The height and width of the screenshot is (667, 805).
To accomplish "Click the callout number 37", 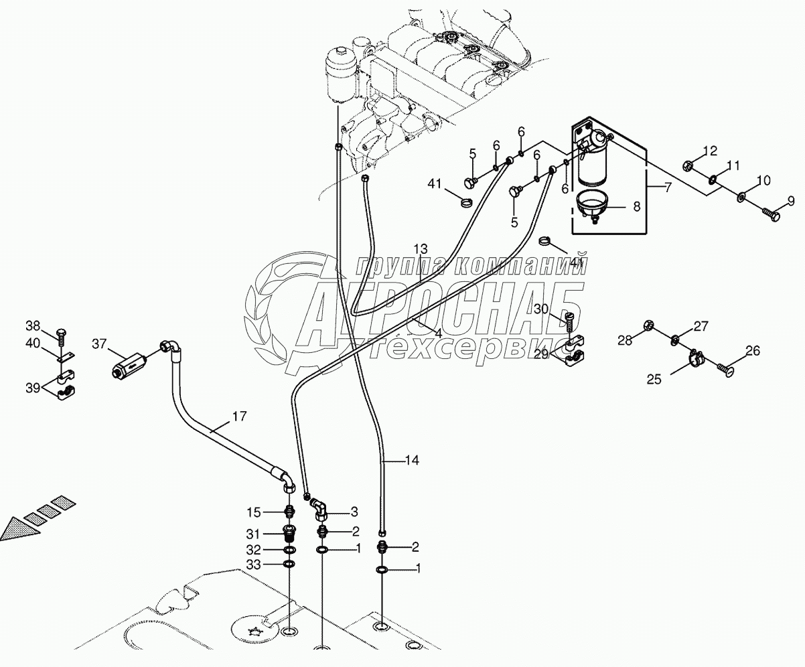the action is click(x=99, y=344).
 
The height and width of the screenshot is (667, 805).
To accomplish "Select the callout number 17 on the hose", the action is click(x=239, y=417).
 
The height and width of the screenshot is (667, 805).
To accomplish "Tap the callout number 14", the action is click(x=412, y=460).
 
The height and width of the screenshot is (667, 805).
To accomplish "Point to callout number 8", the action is click(x=636, y=207).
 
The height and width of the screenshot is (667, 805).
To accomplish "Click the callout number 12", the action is click(x=709, y=151).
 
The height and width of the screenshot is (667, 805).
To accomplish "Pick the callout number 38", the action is click(x=33, y=326).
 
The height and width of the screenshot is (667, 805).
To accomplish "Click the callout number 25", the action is click(x=654, y=380).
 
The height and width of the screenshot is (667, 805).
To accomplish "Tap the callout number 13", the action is click(x=421, y=248).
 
